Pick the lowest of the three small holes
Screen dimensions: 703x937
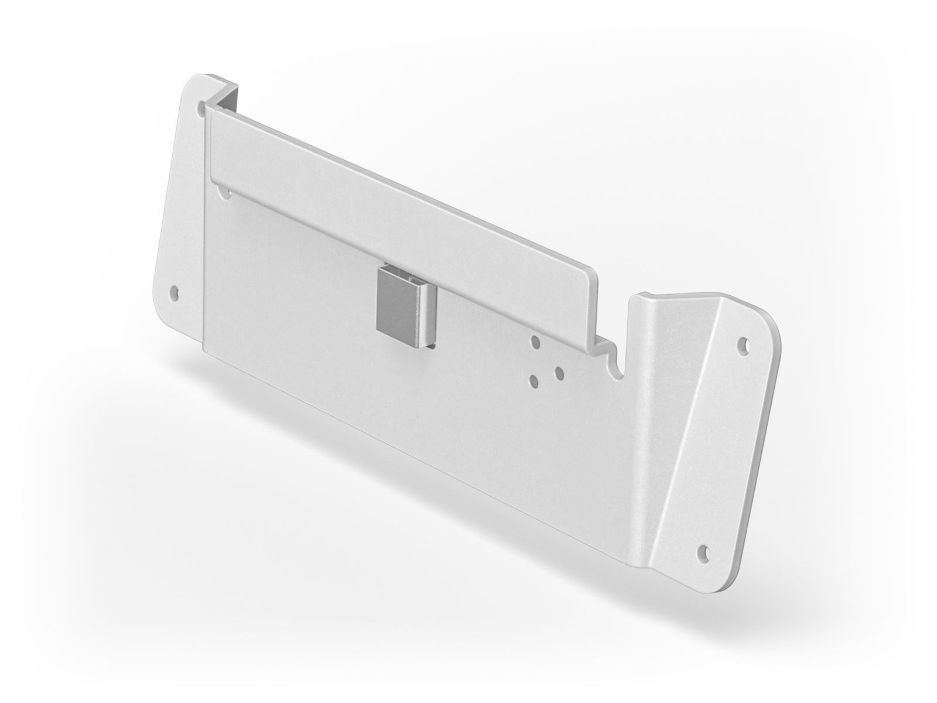pos(534,381)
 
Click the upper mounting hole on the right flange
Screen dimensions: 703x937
pos(744,344)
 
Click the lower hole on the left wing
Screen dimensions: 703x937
pos(173,291)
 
